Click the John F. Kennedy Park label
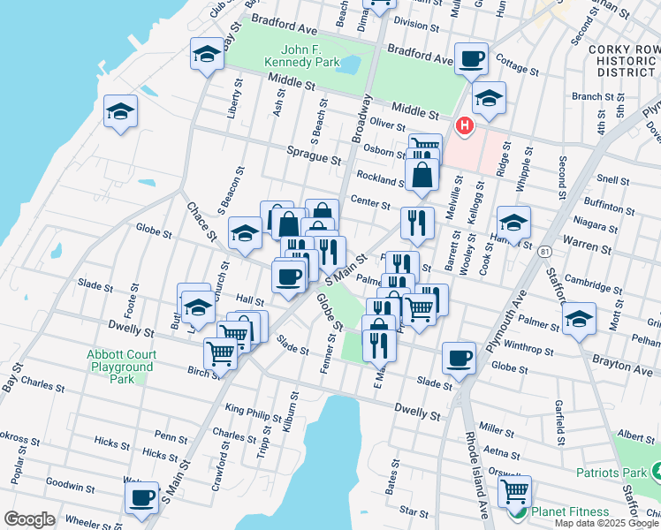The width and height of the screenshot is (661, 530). click(x=301, y=57)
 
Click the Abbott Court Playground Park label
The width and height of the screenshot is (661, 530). click(x=120, y=367)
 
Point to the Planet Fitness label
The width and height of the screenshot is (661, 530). click(x=569, y=511)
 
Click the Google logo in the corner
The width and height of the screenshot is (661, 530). click(x=29, y=519)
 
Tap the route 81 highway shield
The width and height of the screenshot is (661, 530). click(x=540, y=253)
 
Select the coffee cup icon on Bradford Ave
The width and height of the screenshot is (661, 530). click(x=471, y=59)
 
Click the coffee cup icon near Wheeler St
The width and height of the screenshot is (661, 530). click(x=141, y=498)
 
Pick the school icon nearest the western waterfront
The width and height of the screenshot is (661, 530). click(x=120, y=112)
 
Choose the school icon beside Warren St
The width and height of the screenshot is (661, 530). click(x=513, y=223)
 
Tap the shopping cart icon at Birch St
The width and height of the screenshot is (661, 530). click(x=220, y=353)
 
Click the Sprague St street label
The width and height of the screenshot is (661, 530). click(x=314, y=155)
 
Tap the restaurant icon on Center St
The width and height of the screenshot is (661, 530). click(x=416, y=223)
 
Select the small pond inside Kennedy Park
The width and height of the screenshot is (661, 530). click(x=348, y=65)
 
